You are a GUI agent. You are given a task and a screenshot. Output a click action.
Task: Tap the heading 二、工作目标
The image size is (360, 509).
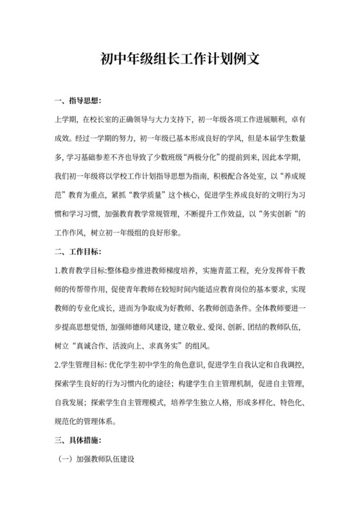click(x=77, y=252)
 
